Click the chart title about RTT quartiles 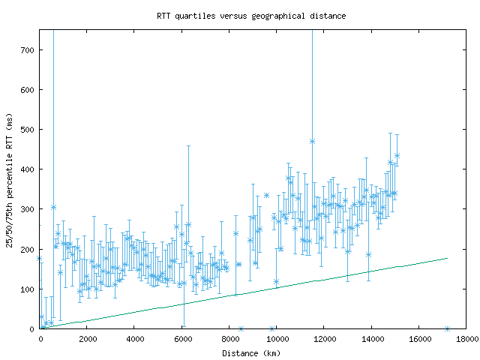coord(250,16)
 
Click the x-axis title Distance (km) coord(250,352)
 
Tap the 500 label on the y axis coord(28,129)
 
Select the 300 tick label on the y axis coord(28,209)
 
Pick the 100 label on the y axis coord(28,289)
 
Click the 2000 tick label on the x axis coord(88,339)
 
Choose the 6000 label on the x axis coord(182,339)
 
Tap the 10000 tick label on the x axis coord(277,339)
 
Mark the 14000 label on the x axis coord(371,339)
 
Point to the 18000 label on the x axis coord(466,339)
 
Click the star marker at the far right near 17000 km coord(447,328)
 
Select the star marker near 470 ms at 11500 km coord(312,141)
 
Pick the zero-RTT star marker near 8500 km coord(241,328)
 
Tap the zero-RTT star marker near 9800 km coord(271,328)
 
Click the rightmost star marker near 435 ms coord(397,155)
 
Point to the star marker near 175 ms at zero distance coord(40,259)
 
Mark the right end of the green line coord(447,258)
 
